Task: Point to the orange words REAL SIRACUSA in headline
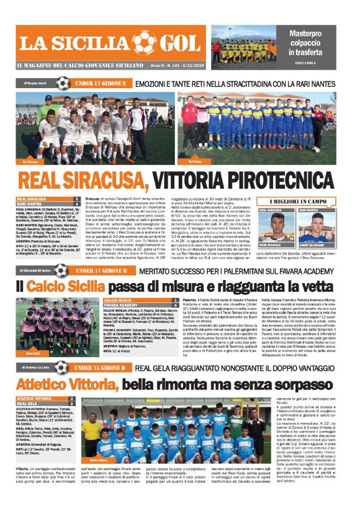point(83,181)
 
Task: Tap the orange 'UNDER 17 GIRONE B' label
point(101,271)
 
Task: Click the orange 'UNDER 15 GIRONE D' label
point(100,368)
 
